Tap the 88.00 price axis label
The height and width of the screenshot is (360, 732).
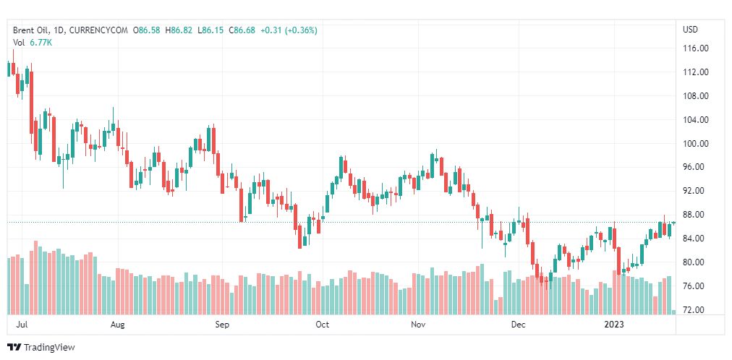(x=695, y=215)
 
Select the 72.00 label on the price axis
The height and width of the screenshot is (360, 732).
(x=695, y=310)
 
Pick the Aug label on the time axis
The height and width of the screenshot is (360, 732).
(x=118, y=325)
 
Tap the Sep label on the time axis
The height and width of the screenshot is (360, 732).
(x=222, y=325)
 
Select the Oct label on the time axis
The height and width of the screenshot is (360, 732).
(x=323, y=325)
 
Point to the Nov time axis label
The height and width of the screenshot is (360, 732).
(x=418, y=325)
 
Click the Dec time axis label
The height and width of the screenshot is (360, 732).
(x=518, y=325)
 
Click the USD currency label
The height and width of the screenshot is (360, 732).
(x=690, y=30)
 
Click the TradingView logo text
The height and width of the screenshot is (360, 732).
(x=48, y=348)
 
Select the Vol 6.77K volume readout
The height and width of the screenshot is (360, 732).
(x=33, y=43)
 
